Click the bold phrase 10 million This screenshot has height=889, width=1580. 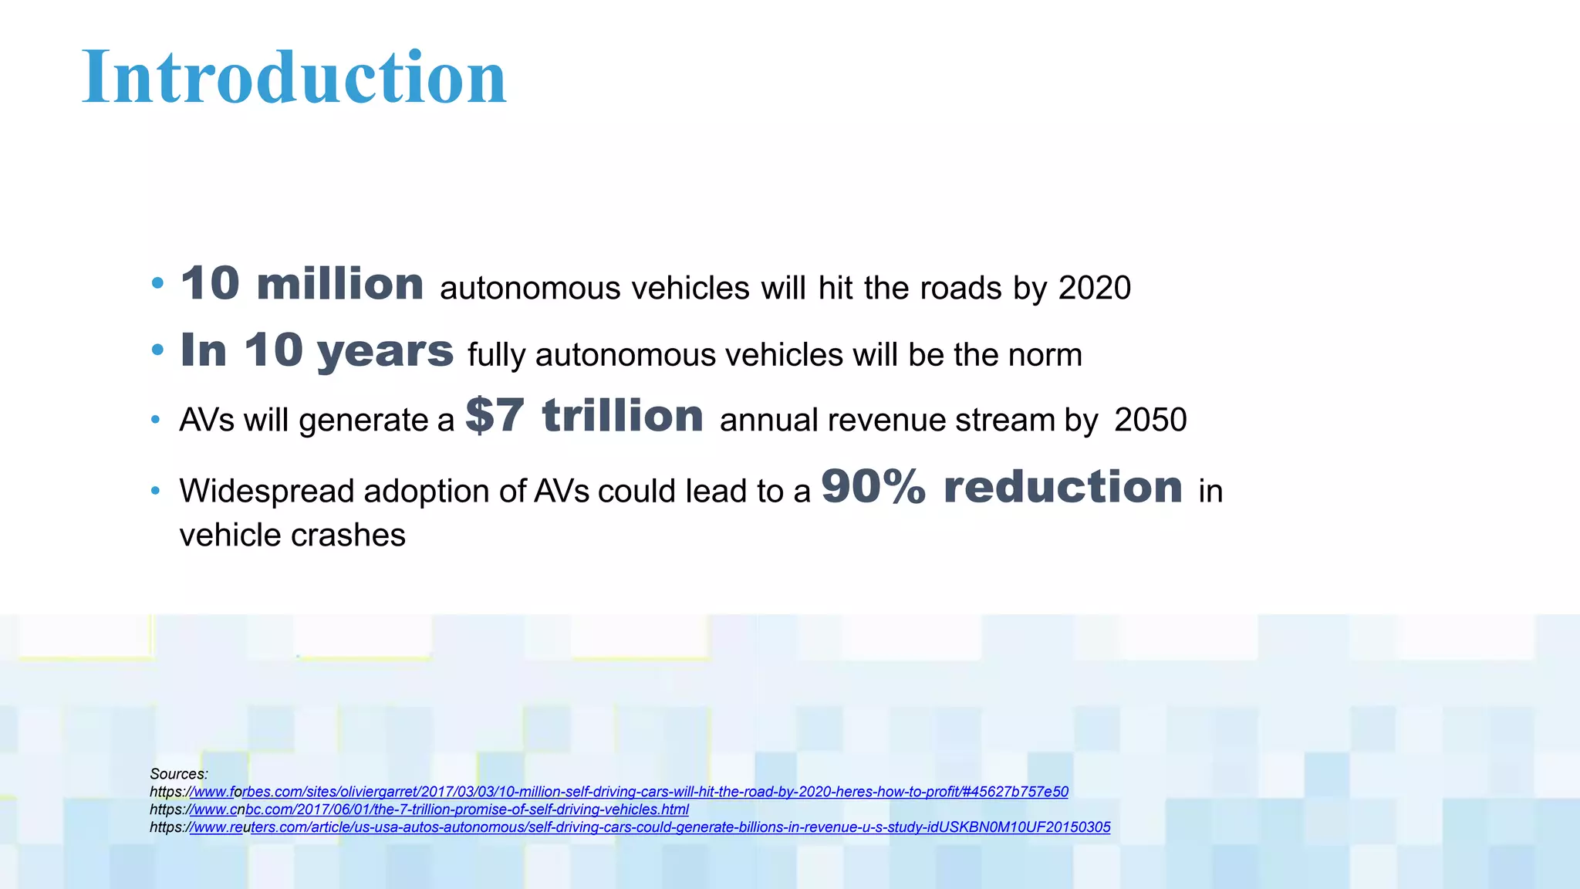302,284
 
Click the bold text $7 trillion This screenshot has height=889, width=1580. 584,416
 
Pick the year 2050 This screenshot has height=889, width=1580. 1150,420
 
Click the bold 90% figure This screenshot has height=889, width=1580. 873,487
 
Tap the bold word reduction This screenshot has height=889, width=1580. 1062,487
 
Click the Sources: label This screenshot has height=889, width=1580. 179,774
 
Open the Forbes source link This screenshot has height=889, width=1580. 629,792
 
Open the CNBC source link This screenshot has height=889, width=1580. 440,810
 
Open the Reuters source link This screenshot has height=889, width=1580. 650,827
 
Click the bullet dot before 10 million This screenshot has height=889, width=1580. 157,284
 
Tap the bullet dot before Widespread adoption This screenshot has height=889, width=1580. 156,491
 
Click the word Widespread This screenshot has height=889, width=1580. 266,492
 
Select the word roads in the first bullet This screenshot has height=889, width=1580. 960,288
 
